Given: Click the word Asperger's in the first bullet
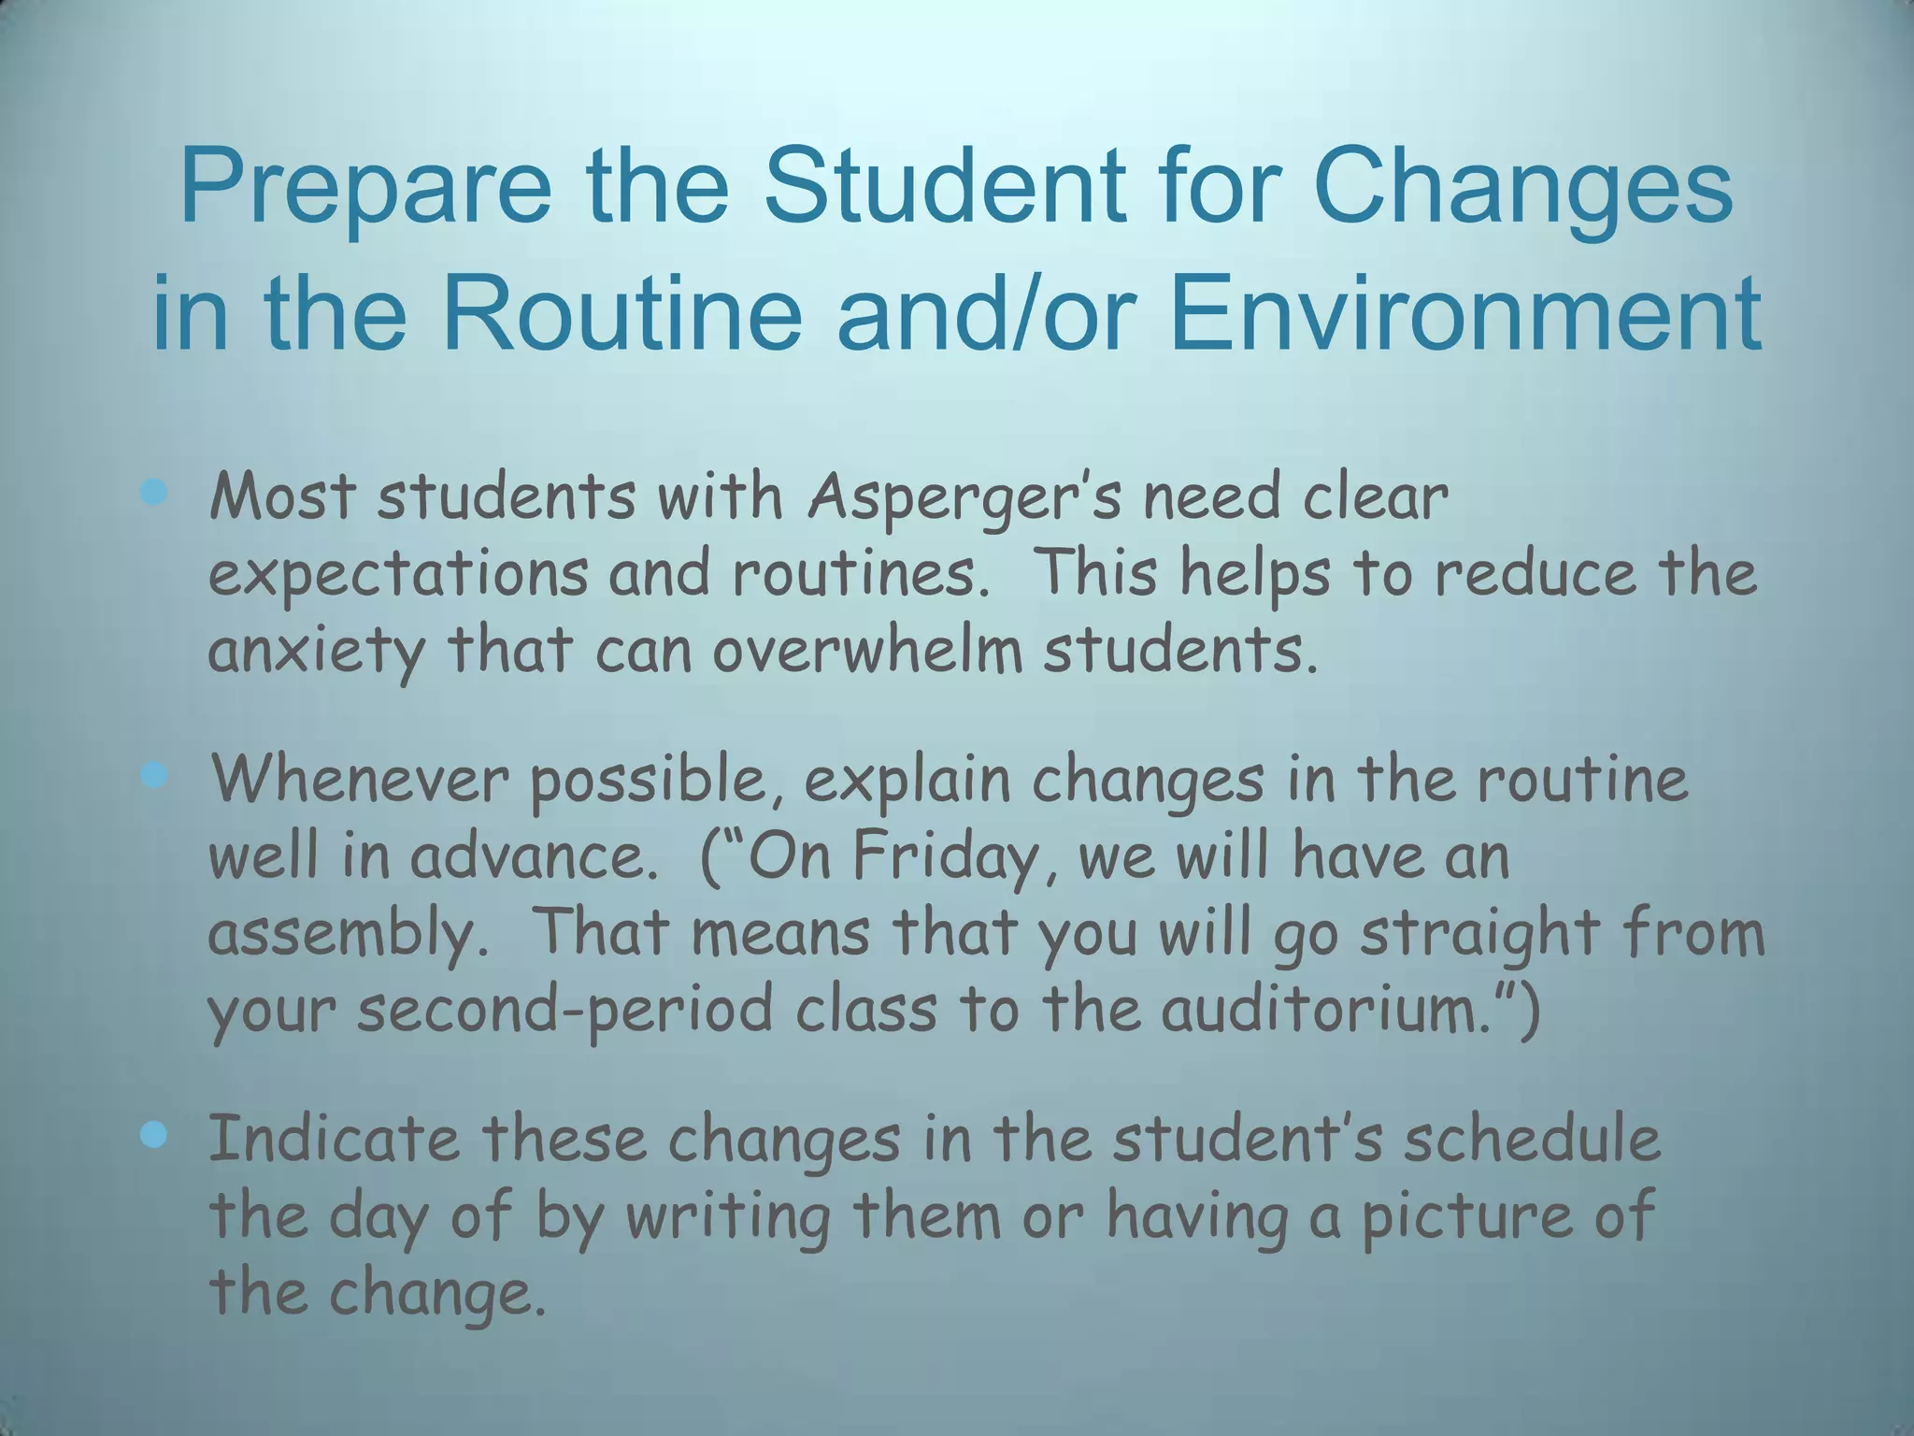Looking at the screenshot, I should coord(964,497).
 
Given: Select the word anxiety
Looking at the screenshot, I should coord(315,652).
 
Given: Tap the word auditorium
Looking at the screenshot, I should coord(1328,1010).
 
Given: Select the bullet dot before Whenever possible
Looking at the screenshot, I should coord(153,774).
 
